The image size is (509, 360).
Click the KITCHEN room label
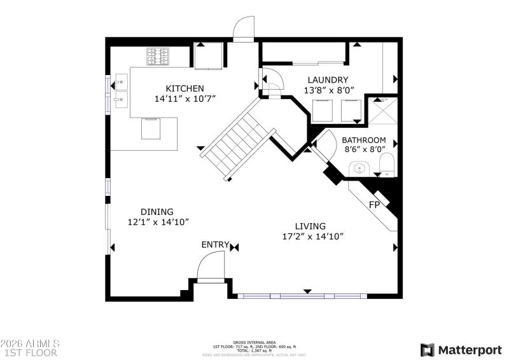pos(185,88)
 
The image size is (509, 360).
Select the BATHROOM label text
pos(364,140)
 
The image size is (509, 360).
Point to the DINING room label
pos(157,212)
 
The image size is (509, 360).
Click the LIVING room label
pos(310,226)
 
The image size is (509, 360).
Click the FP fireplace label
pos(375,205)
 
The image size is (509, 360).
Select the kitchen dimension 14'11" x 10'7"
pos(185,99)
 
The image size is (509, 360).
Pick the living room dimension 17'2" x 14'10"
pos(312,237)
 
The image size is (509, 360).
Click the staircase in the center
pos(232,144)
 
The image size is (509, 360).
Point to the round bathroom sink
pos(360,169)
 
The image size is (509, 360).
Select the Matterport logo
pos(461,349)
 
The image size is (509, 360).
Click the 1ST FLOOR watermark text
pos(30,352)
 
